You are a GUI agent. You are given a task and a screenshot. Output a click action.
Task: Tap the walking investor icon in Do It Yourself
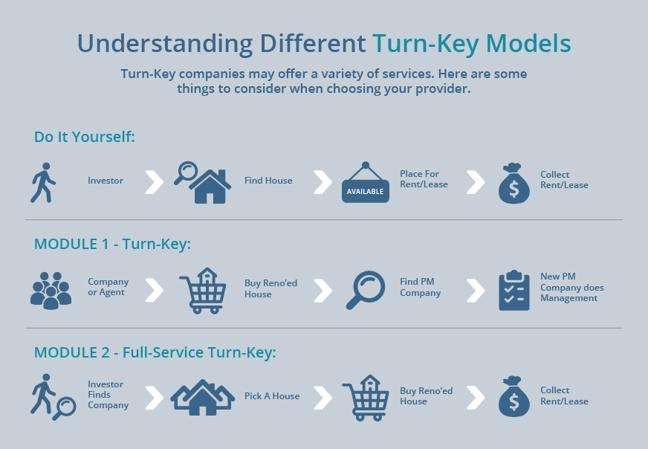(x=43, y=182)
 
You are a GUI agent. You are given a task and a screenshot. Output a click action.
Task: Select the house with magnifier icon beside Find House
(x=202, y=182)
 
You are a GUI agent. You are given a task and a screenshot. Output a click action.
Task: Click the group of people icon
(x=51, y=291)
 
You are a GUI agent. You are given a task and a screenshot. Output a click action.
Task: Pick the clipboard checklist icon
(x=514, y=290)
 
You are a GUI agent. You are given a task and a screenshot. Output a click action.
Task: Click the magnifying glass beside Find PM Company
(x=366, y=290)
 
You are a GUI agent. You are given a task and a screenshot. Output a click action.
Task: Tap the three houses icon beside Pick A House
(x=202, y=397)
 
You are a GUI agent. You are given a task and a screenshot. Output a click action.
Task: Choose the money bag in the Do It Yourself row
(x=514, y=183)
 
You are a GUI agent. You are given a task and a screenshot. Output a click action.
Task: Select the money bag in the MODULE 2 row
(x=514, y=396)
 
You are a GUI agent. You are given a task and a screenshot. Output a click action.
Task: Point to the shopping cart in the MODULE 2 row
(x=366, y=398)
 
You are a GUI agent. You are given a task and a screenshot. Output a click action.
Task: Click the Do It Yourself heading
(x=84, y=137)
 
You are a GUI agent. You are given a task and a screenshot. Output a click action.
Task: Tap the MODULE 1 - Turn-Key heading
(x=112, y=245)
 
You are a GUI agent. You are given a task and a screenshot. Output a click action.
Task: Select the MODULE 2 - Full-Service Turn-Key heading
(x=155, y=352)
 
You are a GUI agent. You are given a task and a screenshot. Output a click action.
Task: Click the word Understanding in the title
(x=165, y=44)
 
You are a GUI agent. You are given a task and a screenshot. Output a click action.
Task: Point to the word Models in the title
(x=528, y=43)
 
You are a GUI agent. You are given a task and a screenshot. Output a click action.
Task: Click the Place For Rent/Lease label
(x=424, y=179)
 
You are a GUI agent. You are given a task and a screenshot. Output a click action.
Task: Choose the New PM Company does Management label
(x=572, y=288)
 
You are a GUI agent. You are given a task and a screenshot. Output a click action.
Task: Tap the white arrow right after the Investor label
(x=155, y=182)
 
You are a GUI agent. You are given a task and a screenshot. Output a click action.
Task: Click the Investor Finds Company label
(x=108, y=395)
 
